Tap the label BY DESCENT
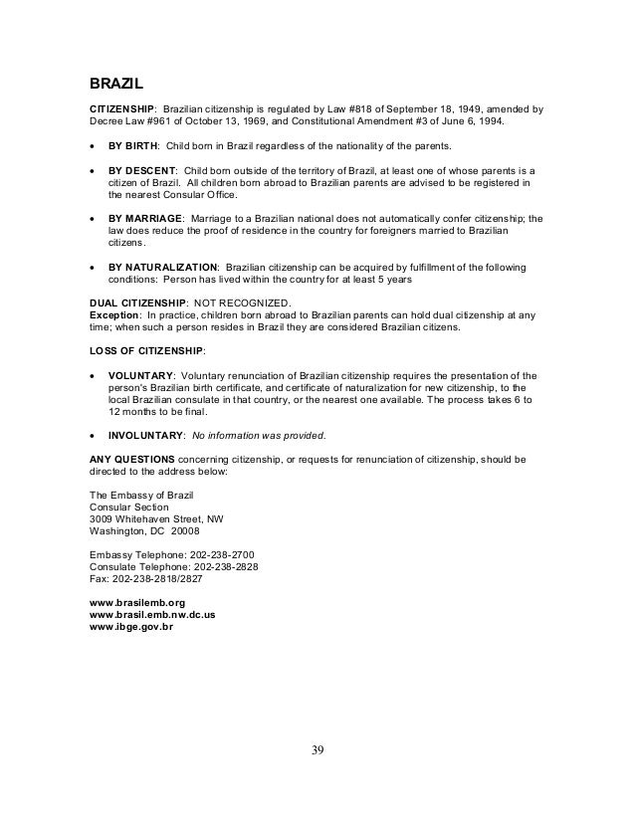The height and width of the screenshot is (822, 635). pyautogui.click(x=141, y=170)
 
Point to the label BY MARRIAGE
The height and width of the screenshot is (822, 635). pyautogui.click(x=145, y=218)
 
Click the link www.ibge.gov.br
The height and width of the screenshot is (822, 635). pyautogui.click(x=131, y=628)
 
